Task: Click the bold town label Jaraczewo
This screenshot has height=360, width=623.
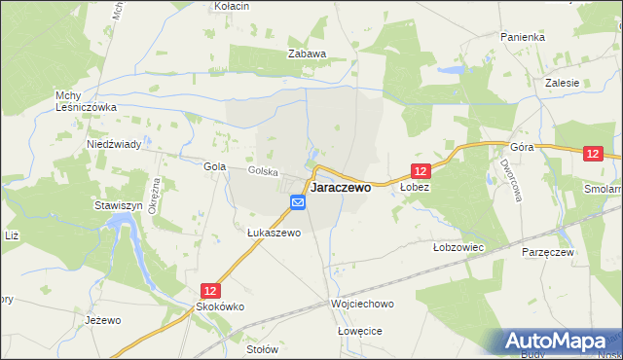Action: tap(340, 189)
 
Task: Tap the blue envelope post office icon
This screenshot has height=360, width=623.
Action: tap(298, 202)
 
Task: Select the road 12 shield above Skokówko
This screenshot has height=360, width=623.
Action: tap(211, 290)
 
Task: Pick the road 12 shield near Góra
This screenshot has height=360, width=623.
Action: tap(595, 154)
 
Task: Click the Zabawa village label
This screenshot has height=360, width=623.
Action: tap(306, 54)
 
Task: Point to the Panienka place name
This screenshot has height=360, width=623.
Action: tap(523, 36)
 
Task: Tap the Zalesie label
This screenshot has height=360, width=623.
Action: tap(564, 83)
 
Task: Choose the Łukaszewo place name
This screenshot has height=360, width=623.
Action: tap(274, 233)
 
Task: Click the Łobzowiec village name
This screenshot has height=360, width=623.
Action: tap(458, 247)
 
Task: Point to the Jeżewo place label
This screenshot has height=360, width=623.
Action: tap(102, 320)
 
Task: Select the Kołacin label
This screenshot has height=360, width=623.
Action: tap(232, 6)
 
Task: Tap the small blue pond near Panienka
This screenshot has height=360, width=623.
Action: tap(450, 71)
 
